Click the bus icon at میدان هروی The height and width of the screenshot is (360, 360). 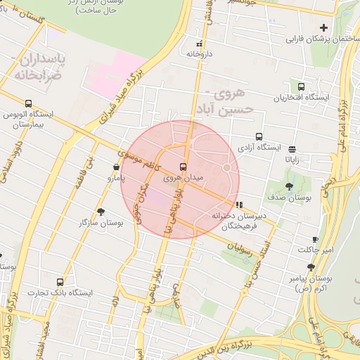pos(184,167)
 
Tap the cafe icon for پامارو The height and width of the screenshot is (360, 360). pos(116,167)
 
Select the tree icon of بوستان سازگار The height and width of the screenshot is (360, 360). pos(101,211)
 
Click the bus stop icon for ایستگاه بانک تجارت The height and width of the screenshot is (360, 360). pos(60,282)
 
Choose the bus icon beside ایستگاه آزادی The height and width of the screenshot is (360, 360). pos(259,137)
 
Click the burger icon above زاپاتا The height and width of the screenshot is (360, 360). pos(292,148)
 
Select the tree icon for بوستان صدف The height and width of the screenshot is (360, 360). pos(290,186)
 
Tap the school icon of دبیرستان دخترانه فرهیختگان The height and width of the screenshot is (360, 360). pos(240,205)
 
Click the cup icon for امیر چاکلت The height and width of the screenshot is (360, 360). pos(315,239)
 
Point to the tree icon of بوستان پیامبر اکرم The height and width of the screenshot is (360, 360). pos(311,267)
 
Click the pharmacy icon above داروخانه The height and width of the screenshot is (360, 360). pos(200,43)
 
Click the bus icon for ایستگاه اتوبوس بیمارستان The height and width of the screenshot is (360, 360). pos(28,104)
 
